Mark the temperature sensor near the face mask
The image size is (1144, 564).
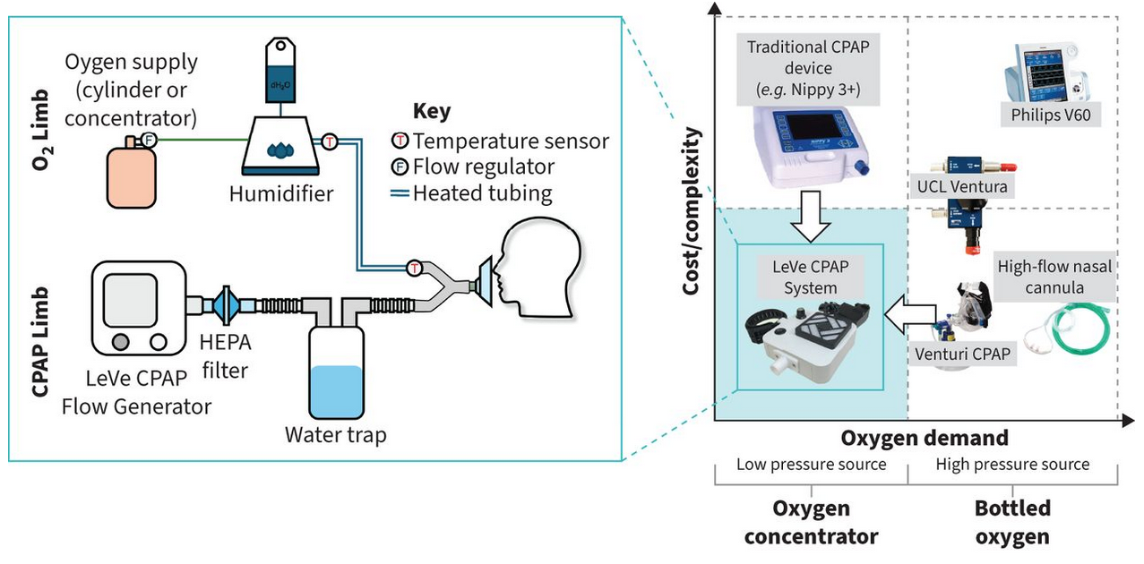tap(414, 267)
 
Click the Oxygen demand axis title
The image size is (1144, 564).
tap(925, 438)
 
